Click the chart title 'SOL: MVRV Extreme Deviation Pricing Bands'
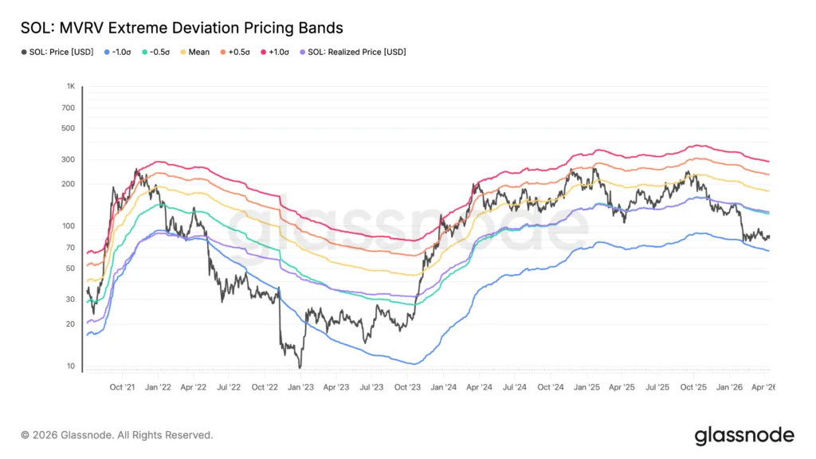click(x=182, y=28)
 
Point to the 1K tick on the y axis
click(x=71, y=86)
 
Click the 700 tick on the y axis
click(x=69, y=108)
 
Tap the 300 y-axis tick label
click(x=69, y=159)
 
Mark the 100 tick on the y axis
click(x=69, y=226)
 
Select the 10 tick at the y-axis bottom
click(x=71, y=367)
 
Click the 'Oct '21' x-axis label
click(x=122, y=387)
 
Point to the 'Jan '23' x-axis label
click(x=300, y=387)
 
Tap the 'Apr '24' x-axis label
click(x=479, y=387)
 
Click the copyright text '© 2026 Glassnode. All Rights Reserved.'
click(x=117, y=435)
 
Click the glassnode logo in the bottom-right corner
click(x=743, y=435)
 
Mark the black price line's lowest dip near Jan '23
click(x=300, y=367)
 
